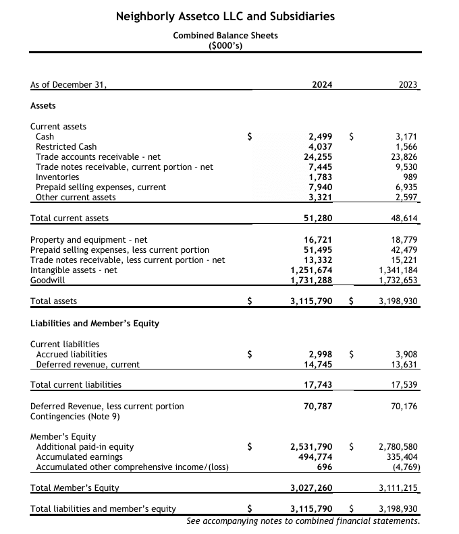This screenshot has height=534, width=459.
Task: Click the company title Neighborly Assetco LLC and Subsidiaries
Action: point(225,16)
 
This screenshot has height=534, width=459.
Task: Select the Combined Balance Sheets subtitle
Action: point(225,35)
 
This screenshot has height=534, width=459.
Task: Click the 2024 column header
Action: point(322,85)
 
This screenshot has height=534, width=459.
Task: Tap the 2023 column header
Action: point(408,85)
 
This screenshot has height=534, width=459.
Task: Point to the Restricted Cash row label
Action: point(66,146)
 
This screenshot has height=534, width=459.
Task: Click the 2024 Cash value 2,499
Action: point(320,136)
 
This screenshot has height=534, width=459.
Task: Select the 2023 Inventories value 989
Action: point(410,177)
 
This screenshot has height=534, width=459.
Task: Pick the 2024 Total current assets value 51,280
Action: point(317,218)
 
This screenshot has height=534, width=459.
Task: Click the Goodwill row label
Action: point(47,280)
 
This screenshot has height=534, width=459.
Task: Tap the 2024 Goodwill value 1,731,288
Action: point(311,280)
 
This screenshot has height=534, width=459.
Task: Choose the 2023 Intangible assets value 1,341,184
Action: point(399,270)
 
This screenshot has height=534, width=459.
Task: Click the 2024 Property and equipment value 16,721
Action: point(317,239)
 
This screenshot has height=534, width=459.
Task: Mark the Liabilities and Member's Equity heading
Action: point(95,323)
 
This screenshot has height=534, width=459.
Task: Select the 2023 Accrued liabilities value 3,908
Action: point(408,354)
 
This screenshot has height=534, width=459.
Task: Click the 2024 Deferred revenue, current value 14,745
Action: point(317,364)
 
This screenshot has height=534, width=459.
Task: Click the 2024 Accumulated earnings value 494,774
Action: point(315,456)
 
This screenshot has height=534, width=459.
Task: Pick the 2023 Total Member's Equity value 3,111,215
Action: point(399,487)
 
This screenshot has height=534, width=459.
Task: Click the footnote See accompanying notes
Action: point(303,521)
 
